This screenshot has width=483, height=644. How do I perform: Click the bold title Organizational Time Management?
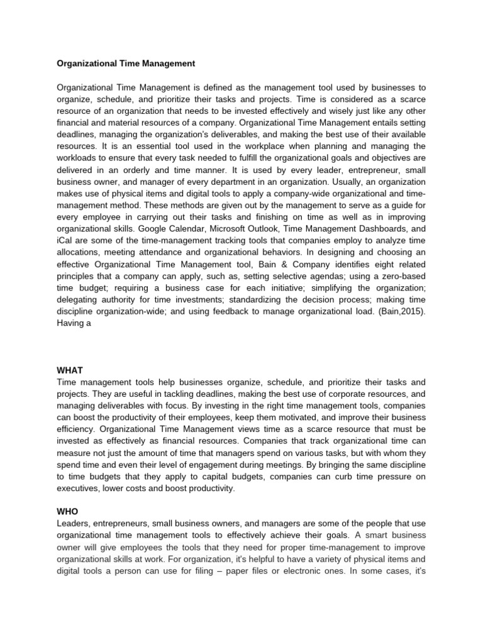[x=126, y=64]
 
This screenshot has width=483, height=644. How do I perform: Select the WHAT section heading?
[x=70, y=370]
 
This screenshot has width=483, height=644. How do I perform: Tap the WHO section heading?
[x=68, y=511]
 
